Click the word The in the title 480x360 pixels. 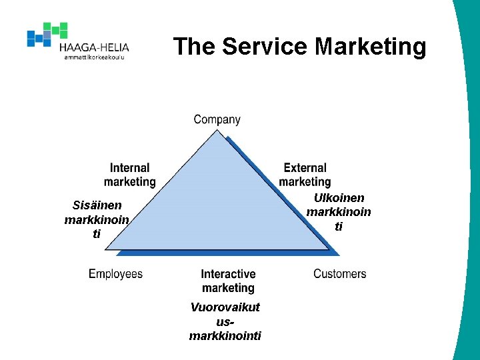coord(195,47)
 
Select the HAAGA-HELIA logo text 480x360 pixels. coord(94,47)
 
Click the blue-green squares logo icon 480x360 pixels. coord(47,34)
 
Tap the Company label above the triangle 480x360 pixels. coord(217,120)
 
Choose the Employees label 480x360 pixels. coord(115,274)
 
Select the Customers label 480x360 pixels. coord(339,274)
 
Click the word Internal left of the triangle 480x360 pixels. coord(130,168)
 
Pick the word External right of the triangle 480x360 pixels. coord(305,168)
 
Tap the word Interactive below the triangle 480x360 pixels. coord(228,274)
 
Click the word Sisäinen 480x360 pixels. coord(97,205)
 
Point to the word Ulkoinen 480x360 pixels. coord(339,198)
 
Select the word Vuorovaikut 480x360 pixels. coord(225,307)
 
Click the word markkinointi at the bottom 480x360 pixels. coord(225,335)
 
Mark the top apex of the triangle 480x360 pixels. coord(217,130)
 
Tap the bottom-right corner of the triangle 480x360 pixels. coord(330,250)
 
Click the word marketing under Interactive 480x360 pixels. coord(228,288)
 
